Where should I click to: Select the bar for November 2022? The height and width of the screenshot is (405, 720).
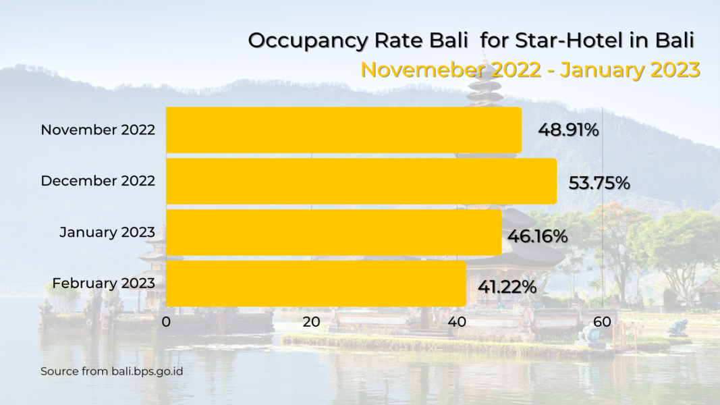pyautogui.click(x=343, y=130)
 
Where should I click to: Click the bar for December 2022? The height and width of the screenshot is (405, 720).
pyautogui.click(x=361, y=181)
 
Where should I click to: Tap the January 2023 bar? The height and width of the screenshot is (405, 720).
pyautogui.click(x=333, y=232)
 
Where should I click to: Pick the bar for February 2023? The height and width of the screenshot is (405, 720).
pyautogui.click(x=316, y=283)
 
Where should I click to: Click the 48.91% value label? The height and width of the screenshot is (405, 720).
pyautogui.click(x=568, y=130)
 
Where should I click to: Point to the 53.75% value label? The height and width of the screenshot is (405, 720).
pyautogui.click(x=599, y=183)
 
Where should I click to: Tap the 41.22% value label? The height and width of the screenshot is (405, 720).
pyautogui.click(x=507, y=288)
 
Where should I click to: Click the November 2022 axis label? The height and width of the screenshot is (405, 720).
pyautogui.click(x=98, y=130)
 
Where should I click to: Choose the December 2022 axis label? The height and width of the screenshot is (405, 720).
pyautogui.click(x=98, y=181)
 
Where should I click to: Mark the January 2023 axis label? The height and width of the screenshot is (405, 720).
pyautogui.click(x=107, y=232)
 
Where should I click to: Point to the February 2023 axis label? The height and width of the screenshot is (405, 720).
pyautogui.click(x=104, y=283)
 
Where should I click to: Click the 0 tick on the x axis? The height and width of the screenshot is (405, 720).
pyautogui.click(x=166, y=322)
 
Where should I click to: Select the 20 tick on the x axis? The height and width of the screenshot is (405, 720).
pyautogui.click(x=311, y=322)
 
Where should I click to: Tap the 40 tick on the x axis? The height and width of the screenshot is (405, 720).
pyautogui.click(x=457, y=322)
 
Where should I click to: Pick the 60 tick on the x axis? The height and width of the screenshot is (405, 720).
pyautogui.click(x=602, y=322)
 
